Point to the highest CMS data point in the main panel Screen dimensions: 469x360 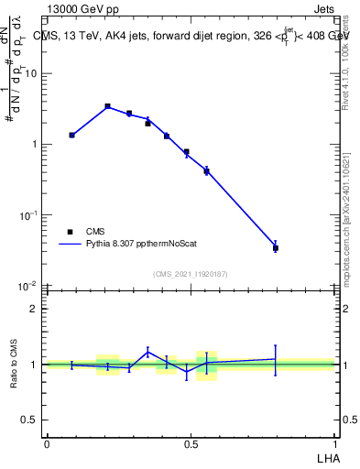pyautogui.click(x=107, y=106)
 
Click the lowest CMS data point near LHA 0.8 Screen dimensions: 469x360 pyautogui.click(x=276, y=247)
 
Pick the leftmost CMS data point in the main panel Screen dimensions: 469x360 pyautogui.click(x=72, y=135)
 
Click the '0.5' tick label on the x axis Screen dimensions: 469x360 pyautogui.click(x=191, y=444)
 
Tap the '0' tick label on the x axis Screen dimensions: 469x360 pyautogui.click(x=47, y=444)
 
